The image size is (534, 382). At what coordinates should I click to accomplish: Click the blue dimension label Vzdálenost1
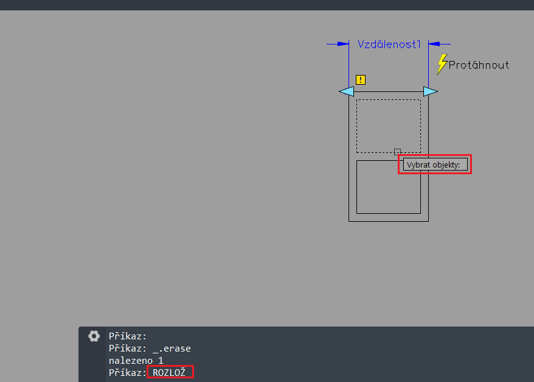(389, 44)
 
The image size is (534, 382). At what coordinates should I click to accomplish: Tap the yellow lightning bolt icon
(442, 64)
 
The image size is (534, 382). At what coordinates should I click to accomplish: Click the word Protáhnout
(479, 65)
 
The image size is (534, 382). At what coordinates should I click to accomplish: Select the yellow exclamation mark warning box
(361, 79)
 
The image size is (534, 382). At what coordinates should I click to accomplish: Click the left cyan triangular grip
(347, 91)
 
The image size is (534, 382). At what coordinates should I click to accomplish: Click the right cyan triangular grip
(431, 91)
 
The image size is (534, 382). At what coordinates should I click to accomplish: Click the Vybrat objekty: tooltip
(435, 164)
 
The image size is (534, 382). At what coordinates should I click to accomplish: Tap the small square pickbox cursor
(397, 152)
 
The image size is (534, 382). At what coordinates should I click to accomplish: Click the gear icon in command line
(94, 336)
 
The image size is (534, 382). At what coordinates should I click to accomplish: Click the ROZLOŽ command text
(169, 372)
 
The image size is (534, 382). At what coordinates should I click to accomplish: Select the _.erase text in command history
(172, 348)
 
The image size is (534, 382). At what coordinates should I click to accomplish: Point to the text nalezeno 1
(136, 361)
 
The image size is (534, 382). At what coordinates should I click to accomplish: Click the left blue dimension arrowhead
(343, 44)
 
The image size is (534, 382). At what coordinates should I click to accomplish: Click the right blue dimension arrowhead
(434, 44)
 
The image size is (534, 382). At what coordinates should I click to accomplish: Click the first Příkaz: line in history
(128, 336)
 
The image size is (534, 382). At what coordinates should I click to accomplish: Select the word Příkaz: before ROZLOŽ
(128, 372)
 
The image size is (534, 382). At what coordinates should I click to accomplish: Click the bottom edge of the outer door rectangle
(389, 221)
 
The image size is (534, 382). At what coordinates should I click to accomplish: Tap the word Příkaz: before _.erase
(128, 348)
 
